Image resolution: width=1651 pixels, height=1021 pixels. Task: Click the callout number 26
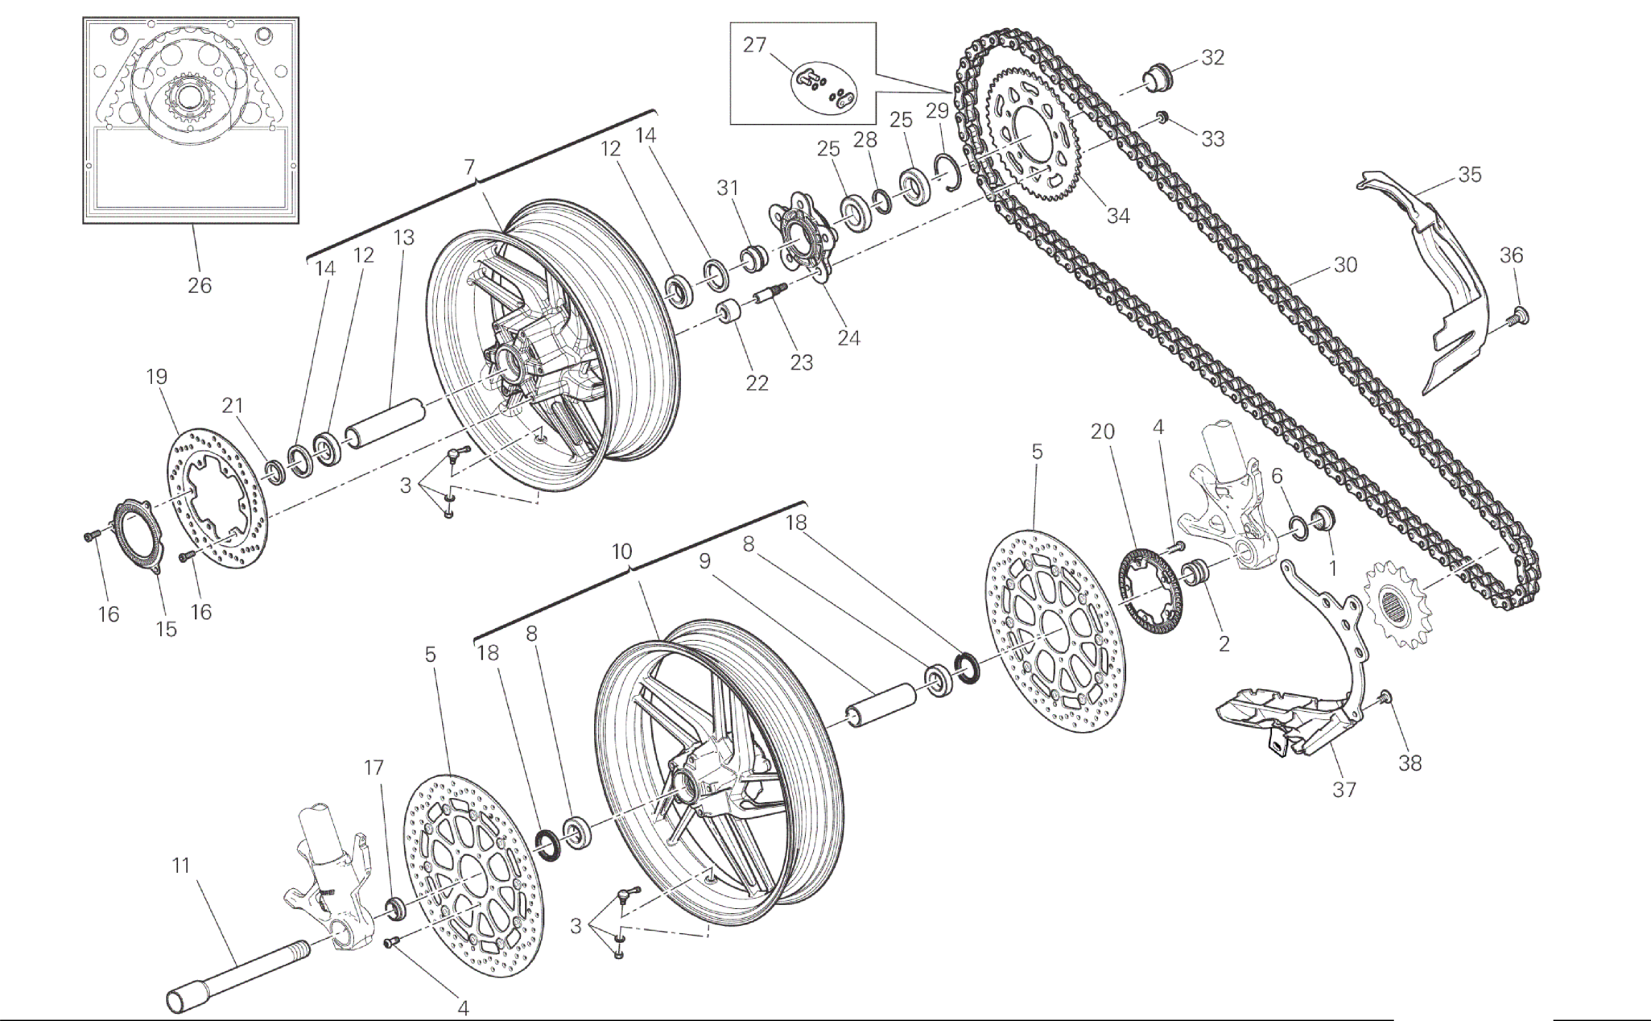pos(200,285)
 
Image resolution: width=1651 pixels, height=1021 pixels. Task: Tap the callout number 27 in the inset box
pos(754,45)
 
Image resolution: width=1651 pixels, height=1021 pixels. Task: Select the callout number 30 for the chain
pos(1345,265)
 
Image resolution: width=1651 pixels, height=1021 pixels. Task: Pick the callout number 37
pos(1344,790)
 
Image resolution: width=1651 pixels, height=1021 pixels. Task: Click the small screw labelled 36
pos(1521,315)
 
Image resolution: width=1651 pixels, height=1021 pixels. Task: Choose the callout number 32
pos(1212,57)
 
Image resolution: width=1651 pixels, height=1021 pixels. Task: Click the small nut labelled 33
pos(1162,119)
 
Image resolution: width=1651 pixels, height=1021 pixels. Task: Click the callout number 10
pos(621,552)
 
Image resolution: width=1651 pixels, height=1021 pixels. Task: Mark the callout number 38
pos(1410,763)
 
